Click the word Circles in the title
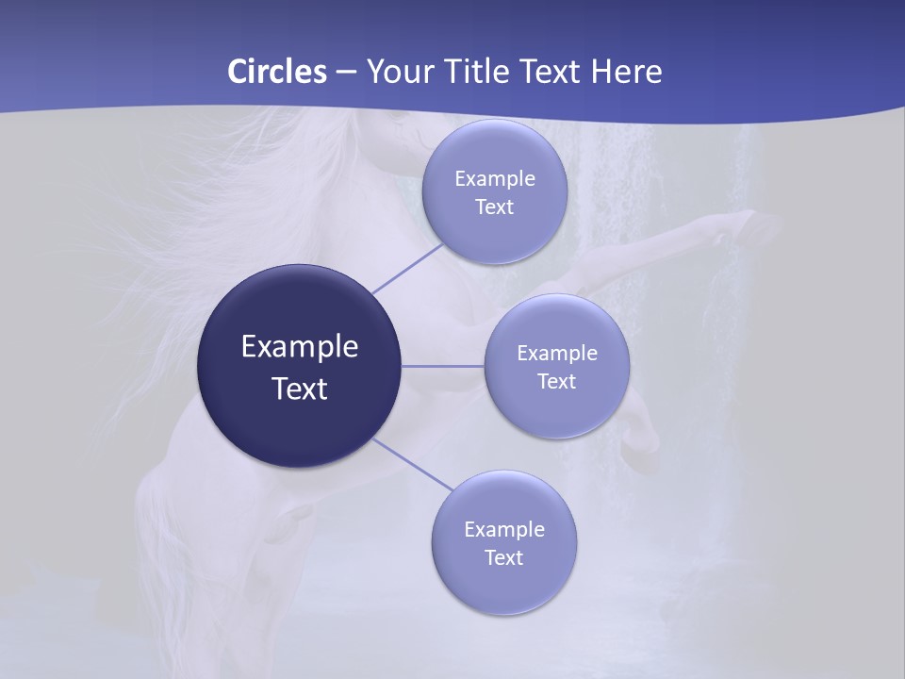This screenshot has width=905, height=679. pyautogui.click(x=276, y=72)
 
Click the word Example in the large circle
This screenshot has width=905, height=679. pyautogui.click(x=299, y=347)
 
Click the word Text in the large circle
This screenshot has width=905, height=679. pyautogui.click(x=299, y=389)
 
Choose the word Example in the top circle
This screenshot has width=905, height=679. pyautogui.click(x=494, y=179)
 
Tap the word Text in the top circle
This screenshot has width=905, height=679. pyautogui.click(x=494, y=207)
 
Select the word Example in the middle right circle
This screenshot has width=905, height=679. pyautogui.click(x=556, y=354)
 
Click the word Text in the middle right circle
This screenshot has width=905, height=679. pyautogui.click(x=556, y=382)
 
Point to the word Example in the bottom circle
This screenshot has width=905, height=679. pyautogui.click(x=503, y=530)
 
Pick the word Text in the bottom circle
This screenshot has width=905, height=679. pyautogui.click(x=503, y=558)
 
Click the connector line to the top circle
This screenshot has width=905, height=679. pyautogui.click(x=407, y=269)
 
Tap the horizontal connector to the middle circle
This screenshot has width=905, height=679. pyautogui.click(x=443, y=366)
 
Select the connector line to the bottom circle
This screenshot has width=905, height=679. pyautogui.click(x=413, y=464)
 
